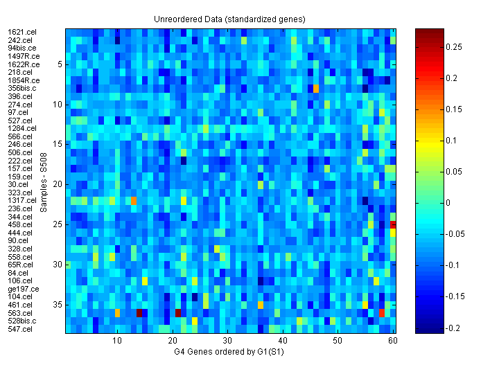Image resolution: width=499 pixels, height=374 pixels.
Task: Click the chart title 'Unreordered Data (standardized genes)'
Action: click(x=229, y=19)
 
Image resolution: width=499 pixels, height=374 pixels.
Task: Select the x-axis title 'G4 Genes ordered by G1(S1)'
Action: click(x=229, y=353)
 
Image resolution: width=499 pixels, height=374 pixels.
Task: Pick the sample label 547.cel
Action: click(x=20, y=329)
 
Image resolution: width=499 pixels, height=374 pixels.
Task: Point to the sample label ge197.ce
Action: click(x=24, y=289)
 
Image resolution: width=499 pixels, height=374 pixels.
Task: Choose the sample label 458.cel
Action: click(x=20, y=225)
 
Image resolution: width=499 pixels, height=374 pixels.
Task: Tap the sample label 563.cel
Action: click(x=20, y=313)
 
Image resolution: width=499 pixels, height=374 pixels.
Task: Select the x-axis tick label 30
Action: click(x=227, y=341)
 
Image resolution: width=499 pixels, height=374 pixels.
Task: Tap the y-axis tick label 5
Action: click(x=60, y=64)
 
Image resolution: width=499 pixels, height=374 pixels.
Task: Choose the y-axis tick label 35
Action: click(x=58, y=305)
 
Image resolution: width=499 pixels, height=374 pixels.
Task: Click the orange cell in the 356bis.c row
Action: click(x=316, y=88)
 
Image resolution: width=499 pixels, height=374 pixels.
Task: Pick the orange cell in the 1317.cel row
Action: click(x=134, y=201)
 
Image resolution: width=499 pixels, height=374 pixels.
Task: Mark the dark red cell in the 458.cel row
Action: click(x=394, y=224)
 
